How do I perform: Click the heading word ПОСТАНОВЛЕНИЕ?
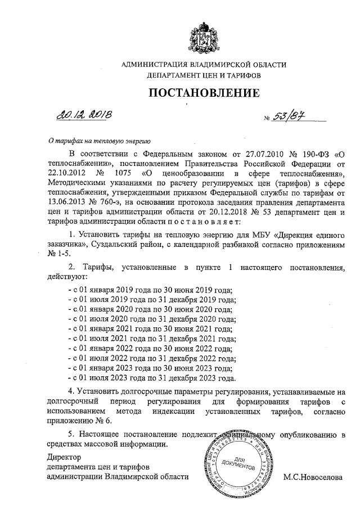tap(204, 92)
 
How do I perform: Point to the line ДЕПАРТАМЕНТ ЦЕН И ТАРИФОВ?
tap(204, 75)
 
